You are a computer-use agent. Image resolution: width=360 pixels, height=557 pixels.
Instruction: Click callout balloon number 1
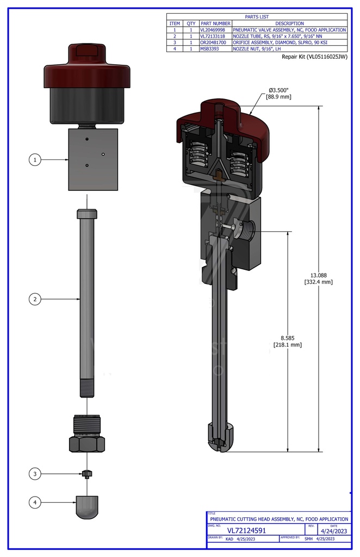[35, 159]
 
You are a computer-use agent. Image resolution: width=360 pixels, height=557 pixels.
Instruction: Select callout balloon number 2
[35, 299]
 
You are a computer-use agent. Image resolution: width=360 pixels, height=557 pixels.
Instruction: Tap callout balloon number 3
[35, 474]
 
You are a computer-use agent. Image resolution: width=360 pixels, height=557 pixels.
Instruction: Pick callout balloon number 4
[35, 503]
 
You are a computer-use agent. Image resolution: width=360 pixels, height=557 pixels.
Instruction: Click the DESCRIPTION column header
[289, 23]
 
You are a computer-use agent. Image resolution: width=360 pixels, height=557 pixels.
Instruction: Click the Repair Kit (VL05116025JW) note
[314, 57]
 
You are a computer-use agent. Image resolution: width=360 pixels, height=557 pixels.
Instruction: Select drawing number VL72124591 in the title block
[246, 530]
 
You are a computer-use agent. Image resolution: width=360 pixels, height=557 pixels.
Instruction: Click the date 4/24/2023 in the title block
[333, 530]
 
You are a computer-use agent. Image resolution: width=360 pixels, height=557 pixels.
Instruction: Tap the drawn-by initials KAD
[229, 539]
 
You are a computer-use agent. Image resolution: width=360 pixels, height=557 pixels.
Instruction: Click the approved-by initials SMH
[308, 539]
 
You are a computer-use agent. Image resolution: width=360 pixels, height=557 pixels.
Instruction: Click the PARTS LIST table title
[257, 17]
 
